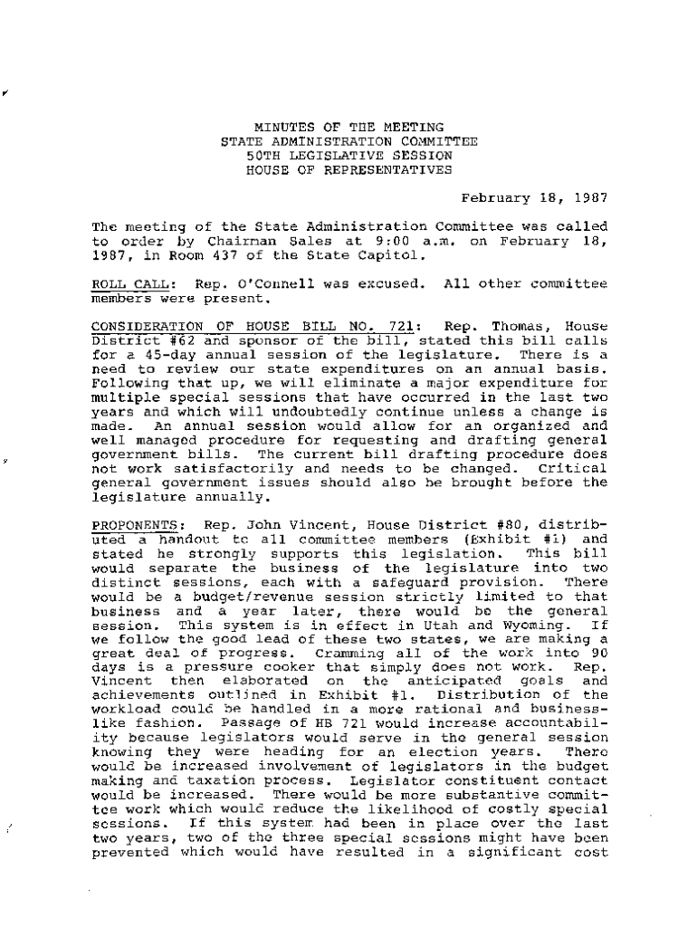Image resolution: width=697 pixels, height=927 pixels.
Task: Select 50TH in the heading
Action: (263, 156)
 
